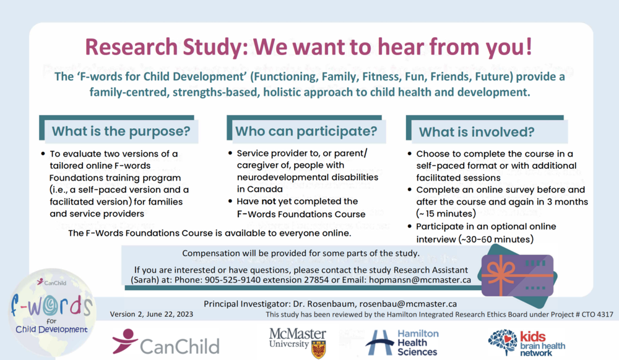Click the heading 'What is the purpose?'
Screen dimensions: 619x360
click(x=121, y=131)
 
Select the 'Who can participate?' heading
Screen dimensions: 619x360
click(x=306, y=131)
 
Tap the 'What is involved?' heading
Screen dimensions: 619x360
click(x=477, y=132)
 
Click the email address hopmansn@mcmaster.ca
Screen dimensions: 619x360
click(x=420, y=280)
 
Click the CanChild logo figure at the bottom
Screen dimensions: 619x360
click(x=125, y=340)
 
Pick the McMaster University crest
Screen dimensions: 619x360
click(x=319, y=349)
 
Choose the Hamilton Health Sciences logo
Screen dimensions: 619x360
click(x=402, y=343)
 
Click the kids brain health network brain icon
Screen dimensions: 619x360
click(x=503, y=341)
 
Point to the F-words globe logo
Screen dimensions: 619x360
click(x=51, y=313)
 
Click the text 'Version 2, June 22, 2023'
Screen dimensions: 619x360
click(x=152, y=314)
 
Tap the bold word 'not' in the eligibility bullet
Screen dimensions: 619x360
click(x=269, y=202)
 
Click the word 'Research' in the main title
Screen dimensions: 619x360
click(x=131, y=47)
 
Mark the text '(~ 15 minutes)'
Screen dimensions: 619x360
click(x=446, y=214)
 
